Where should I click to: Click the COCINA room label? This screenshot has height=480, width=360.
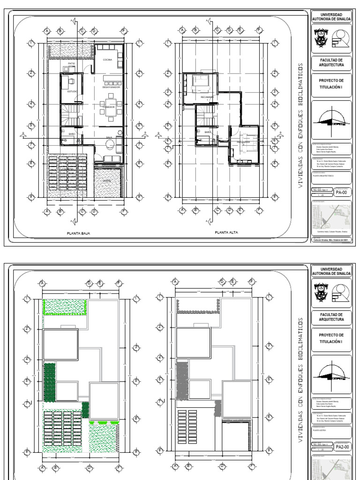pos(108,60)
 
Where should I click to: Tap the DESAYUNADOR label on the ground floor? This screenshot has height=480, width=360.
pos(111,87)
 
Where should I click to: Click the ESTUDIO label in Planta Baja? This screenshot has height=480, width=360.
pos(72,91)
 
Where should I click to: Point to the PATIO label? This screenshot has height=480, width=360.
pos(71,63)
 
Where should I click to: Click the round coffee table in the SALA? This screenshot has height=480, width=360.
pos(120,133)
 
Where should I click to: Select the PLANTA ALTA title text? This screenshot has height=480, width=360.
pos(226,232)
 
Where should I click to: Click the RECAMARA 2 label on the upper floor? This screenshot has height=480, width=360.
pos(243,142)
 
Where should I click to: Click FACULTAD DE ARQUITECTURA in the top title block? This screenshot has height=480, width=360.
pos(331,63)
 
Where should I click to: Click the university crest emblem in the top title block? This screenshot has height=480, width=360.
pos(321,38)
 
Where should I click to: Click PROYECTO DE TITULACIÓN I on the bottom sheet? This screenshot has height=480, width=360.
pos(331,338)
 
